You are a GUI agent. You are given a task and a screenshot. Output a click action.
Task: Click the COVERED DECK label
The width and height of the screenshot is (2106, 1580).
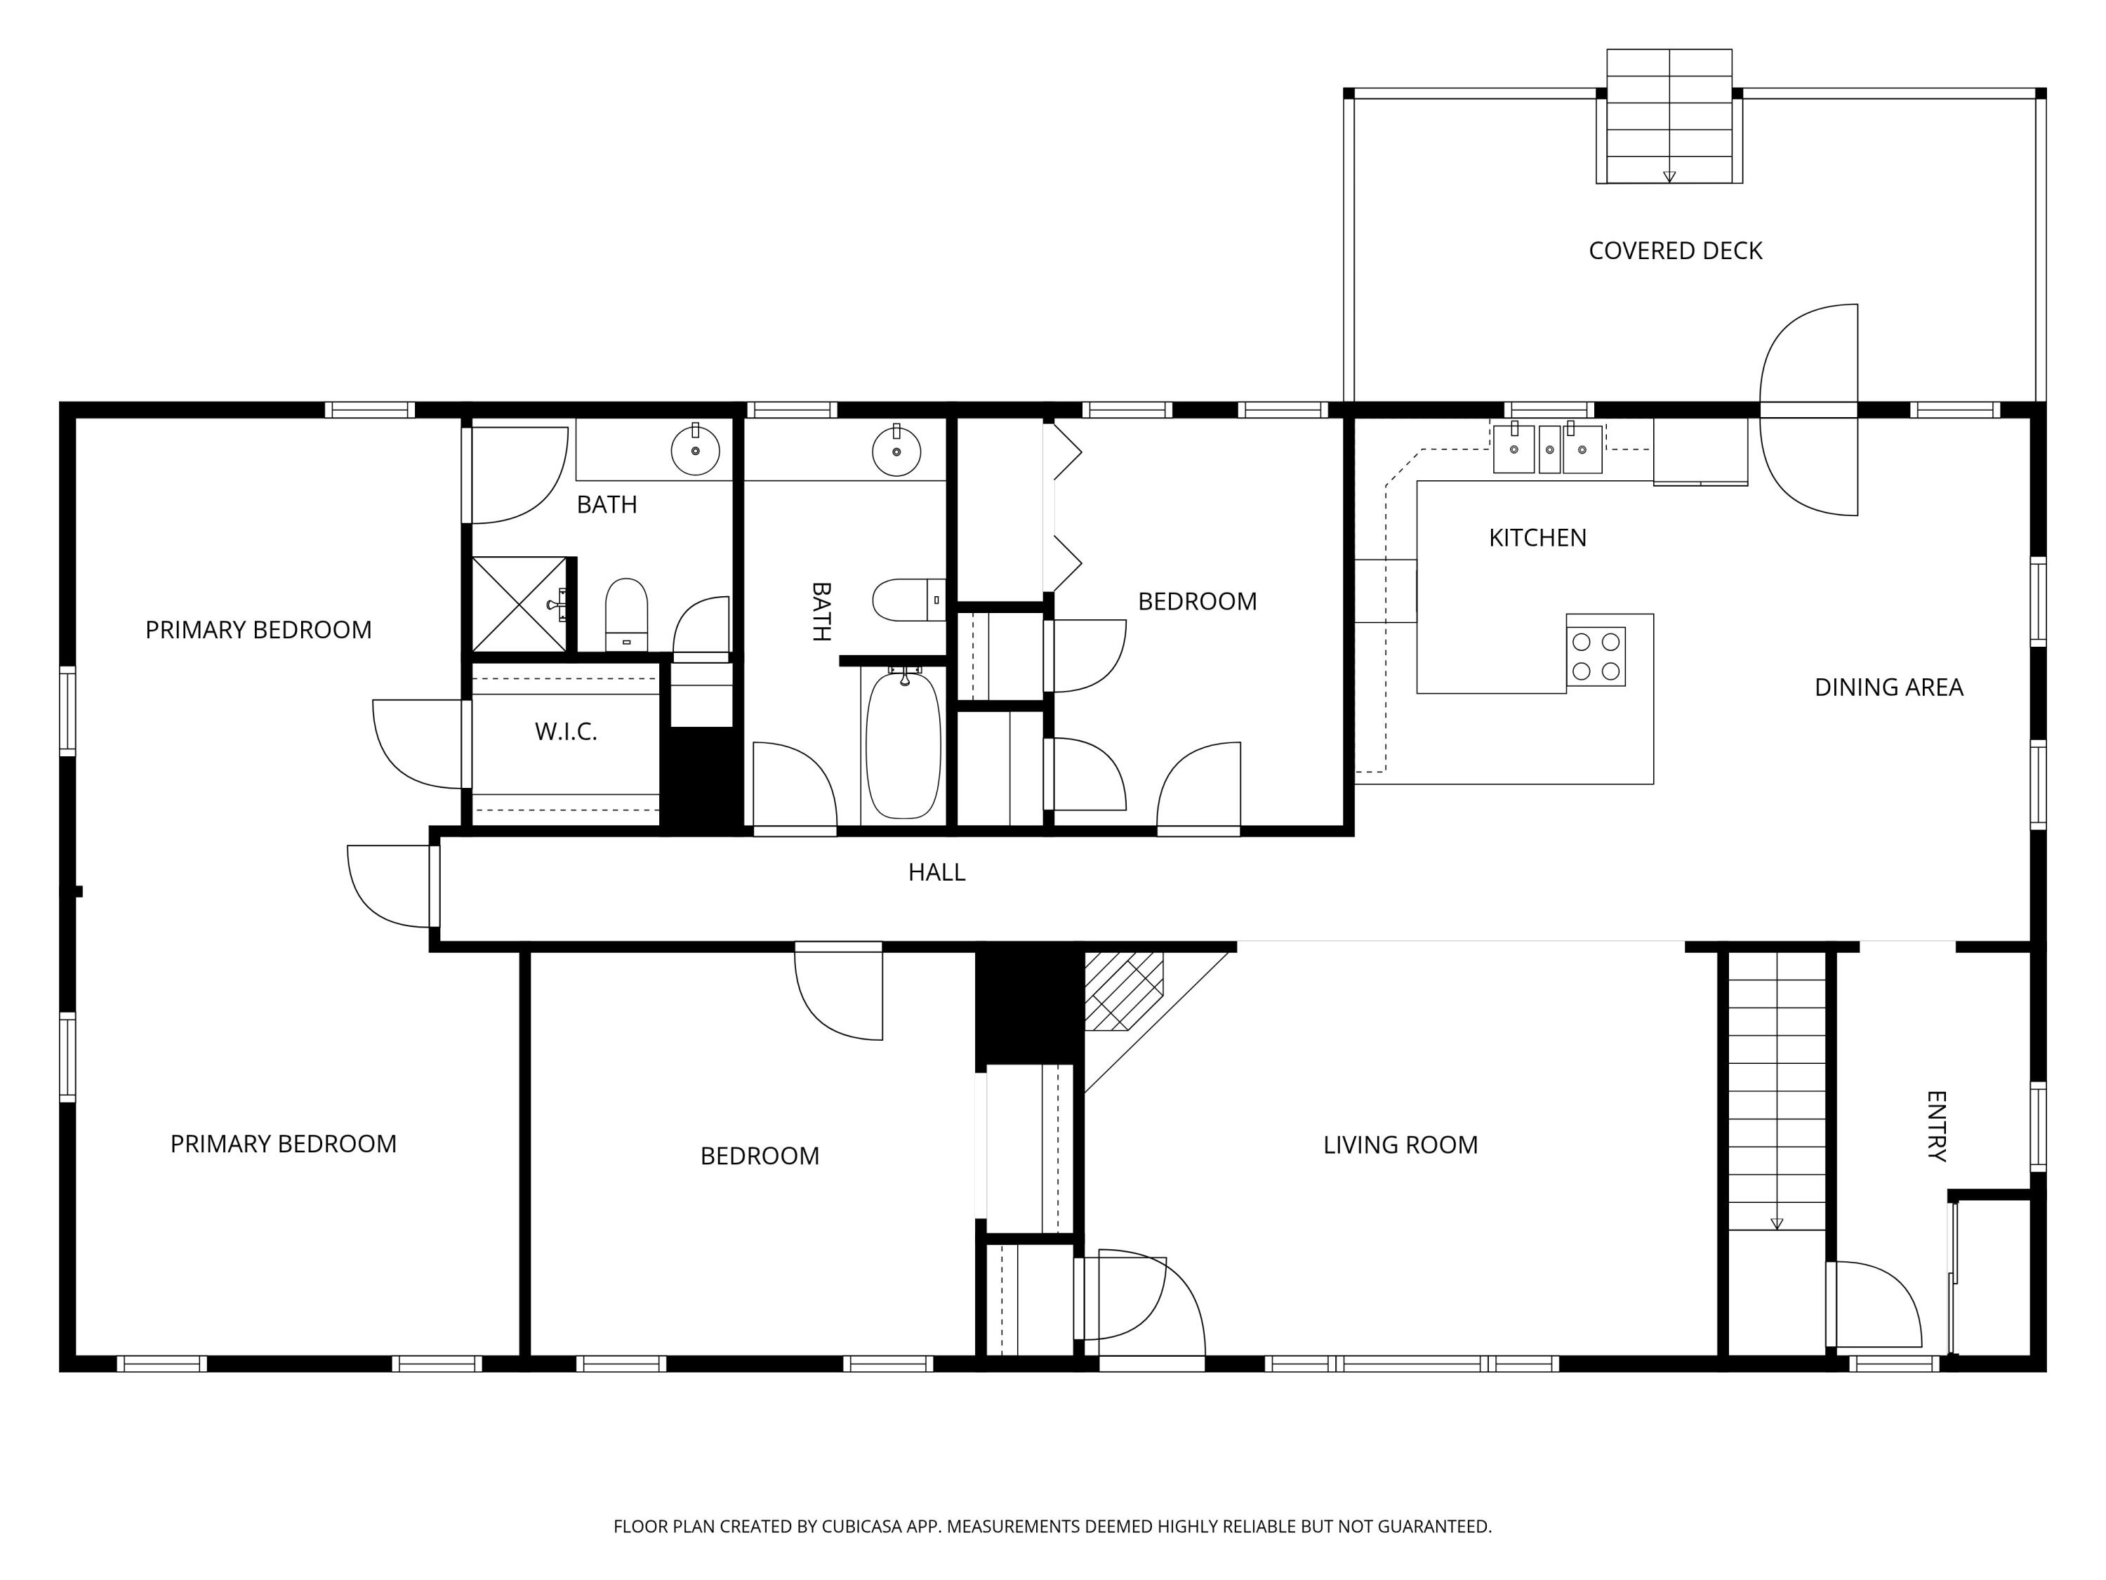pos(1676,251)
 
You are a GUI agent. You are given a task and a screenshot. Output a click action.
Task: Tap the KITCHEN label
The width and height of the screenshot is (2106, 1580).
pos(1537,538)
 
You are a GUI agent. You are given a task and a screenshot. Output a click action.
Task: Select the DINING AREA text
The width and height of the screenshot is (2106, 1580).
pos(1889,687)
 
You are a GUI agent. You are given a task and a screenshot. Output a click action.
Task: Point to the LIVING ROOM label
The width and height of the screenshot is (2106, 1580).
pos(1400,1145)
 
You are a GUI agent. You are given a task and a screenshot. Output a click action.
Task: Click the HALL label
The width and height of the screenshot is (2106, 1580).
pos(937,872)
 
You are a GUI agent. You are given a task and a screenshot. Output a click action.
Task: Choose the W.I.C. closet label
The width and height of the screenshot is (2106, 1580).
pos(566,732)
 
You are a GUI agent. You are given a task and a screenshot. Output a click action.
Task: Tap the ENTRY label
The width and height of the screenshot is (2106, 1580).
pos(1937,1126)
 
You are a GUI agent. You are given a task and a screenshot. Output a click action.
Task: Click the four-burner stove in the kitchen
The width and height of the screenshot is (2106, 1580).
pos(1596,656)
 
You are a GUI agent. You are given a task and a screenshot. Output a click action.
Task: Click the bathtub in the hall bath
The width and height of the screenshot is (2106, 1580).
pos(903,744)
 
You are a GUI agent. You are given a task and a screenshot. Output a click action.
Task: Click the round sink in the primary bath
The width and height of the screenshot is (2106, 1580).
pos(695,452)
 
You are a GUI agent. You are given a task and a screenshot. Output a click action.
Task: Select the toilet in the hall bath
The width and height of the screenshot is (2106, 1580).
pos(909,600)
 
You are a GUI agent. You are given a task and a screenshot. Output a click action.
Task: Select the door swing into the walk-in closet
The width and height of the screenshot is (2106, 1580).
pos(417,744)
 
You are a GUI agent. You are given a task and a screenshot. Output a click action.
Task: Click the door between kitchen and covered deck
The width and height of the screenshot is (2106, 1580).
pos(1808,409)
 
